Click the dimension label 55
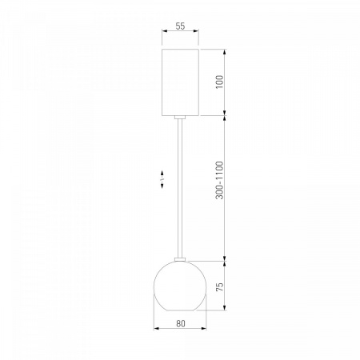tap(180, 26)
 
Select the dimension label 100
tap(219, 82)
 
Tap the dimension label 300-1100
tap(219, 180)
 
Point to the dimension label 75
tap(219, 286)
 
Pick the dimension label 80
tap(181, 323)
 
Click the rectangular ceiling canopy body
tap(180, 82)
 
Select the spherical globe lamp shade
tap(180, 286)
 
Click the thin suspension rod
tap(180, 188)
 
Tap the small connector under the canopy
tap(180, 117)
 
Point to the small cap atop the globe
tap(180, 259)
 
